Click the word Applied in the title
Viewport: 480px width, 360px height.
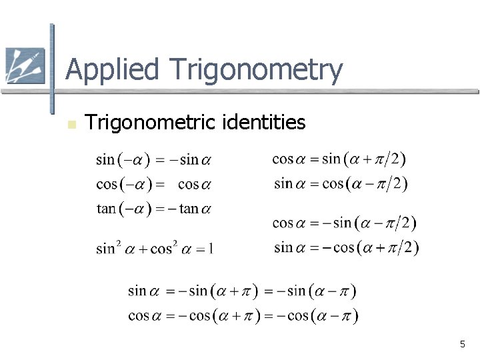pos(114,70)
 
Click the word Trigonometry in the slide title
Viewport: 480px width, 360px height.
pos(257,70)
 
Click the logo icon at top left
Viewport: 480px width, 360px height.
pos(24,66)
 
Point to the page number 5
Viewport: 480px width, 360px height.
pos(462,344)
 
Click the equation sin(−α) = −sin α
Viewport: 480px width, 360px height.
pos(153,160)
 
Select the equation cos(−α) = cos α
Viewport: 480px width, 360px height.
pos(153,184)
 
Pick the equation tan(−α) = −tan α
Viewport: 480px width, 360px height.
pos(154,209)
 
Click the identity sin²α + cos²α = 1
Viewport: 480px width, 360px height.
pos(155,248)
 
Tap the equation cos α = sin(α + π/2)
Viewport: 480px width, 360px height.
pos(339,159)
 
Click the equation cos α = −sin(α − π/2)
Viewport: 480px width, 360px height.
pos(344,223)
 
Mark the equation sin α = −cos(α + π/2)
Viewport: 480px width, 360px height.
pos(346,247)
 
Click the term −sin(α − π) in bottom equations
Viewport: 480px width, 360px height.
pos(319,291)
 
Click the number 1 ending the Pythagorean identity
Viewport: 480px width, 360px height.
pos(211,249)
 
